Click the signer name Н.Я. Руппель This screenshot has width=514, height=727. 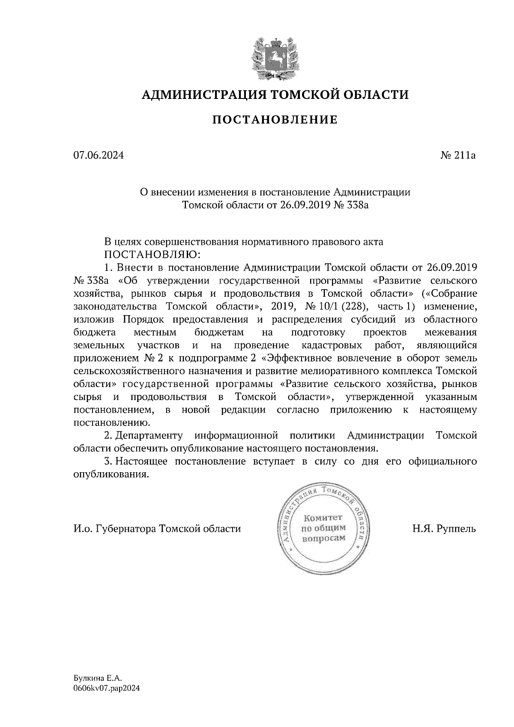(x=444, y=528)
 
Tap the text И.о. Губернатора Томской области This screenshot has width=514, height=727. (x=157, y=528)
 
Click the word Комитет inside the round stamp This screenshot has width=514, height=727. (x=324, y=518)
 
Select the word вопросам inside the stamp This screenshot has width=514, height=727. (x=324, y=538)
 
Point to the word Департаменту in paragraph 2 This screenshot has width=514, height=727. (x=149, y=436)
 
